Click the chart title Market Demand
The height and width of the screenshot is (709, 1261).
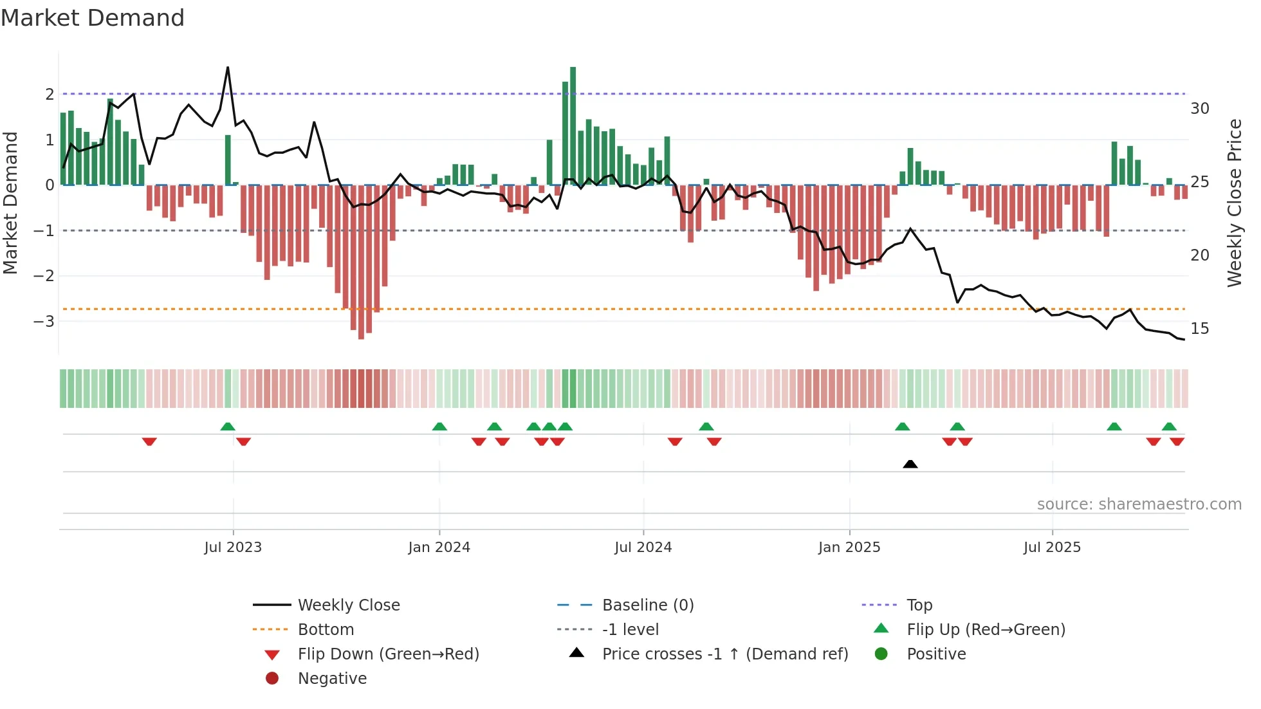pos(93,18)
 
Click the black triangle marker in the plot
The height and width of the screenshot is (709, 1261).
pos(910,464)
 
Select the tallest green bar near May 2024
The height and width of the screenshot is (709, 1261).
pos(573,125)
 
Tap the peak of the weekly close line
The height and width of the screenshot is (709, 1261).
pos(228,68)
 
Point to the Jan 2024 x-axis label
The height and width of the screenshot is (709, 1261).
pos(439,548)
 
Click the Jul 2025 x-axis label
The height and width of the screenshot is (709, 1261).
pos(1052,548)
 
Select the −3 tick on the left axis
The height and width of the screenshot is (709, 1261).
pos(44,321)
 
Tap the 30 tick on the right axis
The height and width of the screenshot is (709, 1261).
pos(1199,108)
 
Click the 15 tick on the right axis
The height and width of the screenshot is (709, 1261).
pos(1199,329)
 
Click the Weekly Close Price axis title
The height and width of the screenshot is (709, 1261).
pos(1234,203)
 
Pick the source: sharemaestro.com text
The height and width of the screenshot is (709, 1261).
pos(1139,504)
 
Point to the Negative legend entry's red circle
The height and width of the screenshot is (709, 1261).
pos(272,679)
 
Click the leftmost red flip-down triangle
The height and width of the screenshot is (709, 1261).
pos(149,441)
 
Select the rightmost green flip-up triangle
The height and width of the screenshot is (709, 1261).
pos(1169,427)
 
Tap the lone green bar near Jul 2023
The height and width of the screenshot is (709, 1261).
pos(228,160)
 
